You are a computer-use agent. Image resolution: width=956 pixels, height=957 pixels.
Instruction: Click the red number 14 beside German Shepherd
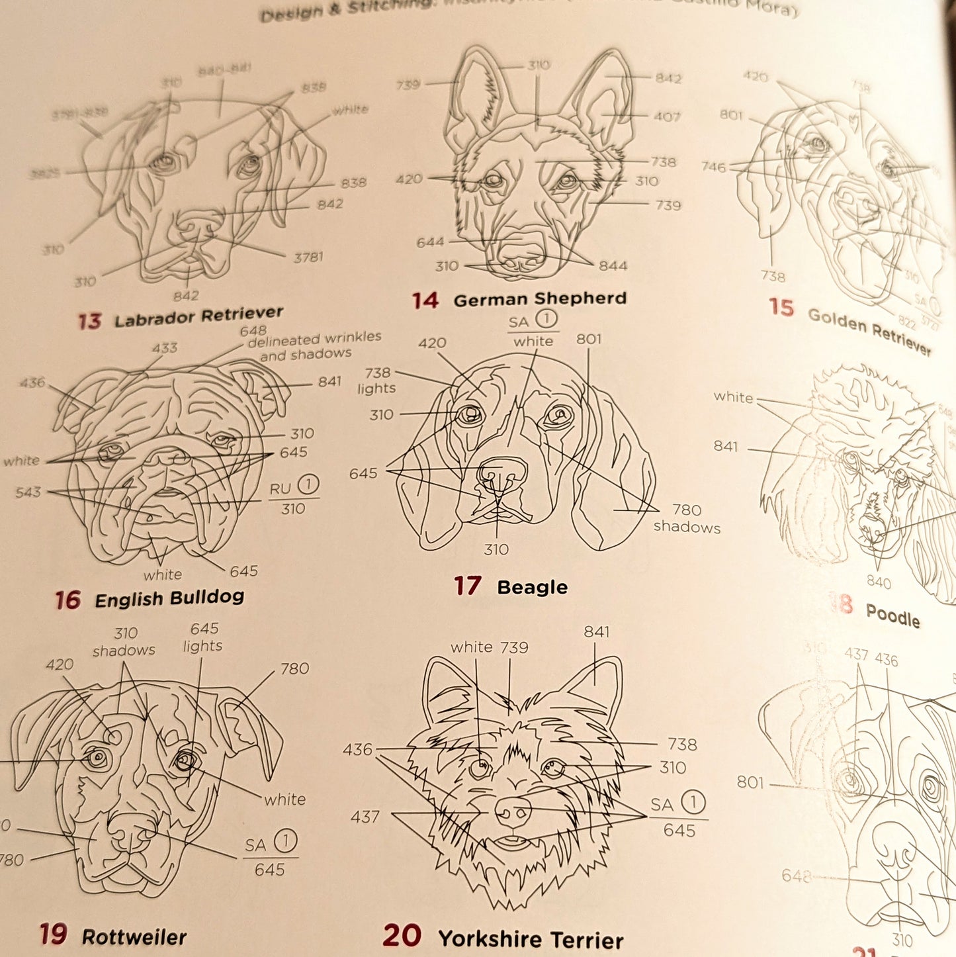pos(425,300)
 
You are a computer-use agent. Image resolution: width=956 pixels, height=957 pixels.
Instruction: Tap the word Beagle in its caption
pos(532,587)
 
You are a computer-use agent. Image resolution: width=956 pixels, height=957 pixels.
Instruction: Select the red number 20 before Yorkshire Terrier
pos(402,936)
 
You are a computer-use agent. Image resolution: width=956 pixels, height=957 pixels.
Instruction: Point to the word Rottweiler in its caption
pos(134,937)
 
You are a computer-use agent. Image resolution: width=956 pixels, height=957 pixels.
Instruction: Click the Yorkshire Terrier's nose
pos(513,810)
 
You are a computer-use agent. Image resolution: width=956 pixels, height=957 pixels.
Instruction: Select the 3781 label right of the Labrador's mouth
pos(308,257)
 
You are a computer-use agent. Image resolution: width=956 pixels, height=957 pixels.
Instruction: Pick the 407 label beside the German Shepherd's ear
pos(667,117)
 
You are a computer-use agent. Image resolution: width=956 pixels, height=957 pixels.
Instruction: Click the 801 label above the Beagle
pos(588,340)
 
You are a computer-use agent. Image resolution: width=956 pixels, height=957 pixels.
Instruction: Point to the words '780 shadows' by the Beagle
pos(687,518)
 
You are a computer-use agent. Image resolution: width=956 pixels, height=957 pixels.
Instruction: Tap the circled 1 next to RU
pos(308,485)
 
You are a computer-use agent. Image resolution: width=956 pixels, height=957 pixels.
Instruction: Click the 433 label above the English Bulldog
pos(164,348)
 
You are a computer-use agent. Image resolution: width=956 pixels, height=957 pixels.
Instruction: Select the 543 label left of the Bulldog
pos(28,492)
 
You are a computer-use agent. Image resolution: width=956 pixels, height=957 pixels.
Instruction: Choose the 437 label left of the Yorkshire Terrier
pos(365,817)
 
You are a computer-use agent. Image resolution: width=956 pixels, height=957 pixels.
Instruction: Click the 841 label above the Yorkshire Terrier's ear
pos(596,632)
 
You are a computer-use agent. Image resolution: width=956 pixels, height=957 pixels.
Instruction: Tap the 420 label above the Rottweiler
pos(60,664)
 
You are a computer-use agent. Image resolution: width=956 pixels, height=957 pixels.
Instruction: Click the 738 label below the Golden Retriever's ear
pos(773,277)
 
